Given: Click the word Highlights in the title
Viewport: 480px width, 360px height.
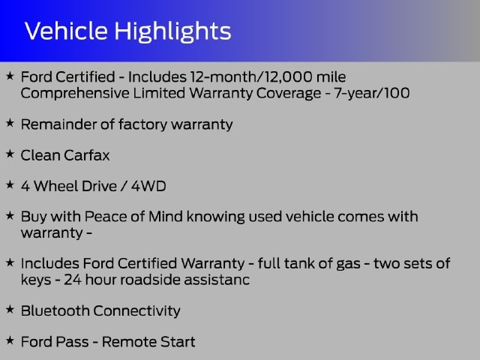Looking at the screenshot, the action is click(x=172, y=31).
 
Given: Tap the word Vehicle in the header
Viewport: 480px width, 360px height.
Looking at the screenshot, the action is click(x=66, y=31).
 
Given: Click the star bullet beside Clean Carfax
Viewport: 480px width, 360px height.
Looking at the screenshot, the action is click(x=10, y=154).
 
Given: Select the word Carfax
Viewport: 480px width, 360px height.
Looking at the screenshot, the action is click(x=87, y=155).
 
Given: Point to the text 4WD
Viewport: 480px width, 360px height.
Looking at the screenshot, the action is click(x=148, y=186).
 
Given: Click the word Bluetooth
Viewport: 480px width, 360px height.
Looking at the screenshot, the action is click(x=55, y=310).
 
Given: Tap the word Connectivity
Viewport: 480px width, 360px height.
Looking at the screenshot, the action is click(x=136, y=311).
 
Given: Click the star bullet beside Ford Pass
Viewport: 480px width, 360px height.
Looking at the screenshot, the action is click(x=10, y=340).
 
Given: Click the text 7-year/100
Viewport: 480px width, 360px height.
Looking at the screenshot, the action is click(x=372, y=93).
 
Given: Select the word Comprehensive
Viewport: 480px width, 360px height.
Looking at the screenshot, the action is click(x=75, y=93).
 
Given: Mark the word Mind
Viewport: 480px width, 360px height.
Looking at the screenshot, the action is click(x=166, y=217).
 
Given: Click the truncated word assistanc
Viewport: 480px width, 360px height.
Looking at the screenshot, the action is click(x=217, y=280).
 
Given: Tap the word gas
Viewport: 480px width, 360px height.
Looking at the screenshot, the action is click(x=348, y=264).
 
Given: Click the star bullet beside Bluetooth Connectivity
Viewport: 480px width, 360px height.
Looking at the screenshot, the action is click(x=10, y=309).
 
